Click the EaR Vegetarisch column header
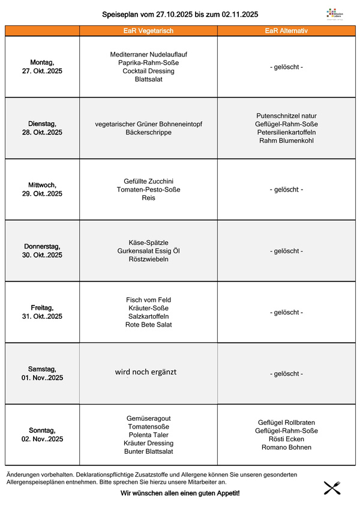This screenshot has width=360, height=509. click(x=148, y=31)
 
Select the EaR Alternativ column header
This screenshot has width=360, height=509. click(x=286, y=31)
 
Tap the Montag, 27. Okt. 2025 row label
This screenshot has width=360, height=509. click(x=42, y=67)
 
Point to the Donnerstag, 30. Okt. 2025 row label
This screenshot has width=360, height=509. click(x=42, y=250)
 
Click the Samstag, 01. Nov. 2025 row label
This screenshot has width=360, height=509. click(x=42, y=373)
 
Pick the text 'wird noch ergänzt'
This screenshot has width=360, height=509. click(x=146, y=372)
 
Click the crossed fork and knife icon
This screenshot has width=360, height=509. click(x=332, y=487)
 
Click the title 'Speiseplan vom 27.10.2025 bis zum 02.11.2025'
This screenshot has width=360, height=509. click(x=181, y=14)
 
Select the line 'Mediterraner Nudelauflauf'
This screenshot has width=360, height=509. click(x=149, y=54)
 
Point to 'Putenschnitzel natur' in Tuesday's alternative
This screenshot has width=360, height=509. click(x=286, y=116)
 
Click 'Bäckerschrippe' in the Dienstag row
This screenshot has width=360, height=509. click(x=149, y=132)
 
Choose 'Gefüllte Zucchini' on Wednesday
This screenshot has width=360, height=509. click(x=149, y=181)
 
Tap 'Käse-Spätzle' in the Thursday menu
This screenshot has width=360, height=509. click(x=149, y=242)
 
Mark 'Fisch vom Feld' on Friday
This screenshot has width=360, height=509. click(x=149, y=300)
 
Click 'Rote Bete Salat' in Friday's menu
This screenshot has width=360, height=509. click(x=149, y=325)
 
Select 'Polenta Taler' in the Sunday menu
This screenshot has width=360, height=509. click(x=149, y=435)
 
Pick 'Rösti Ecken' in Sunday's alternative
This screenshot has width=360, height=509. click(x=286, y=439)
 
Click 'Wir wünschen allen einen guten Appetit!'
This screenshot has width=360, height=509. click(x=180, y=493)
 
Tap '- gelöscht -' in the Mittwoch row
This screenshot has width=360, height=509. click(x=286, y=190)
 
